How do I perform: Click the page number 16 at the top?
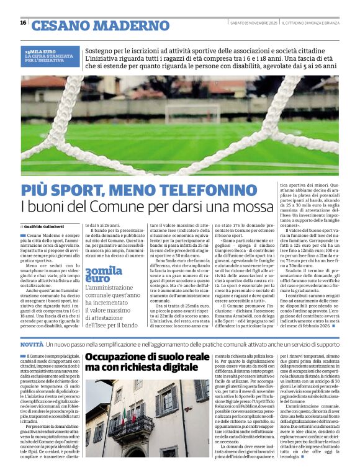[x=23, y=23]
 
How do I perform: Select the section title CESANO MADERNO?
[x=93, y=25]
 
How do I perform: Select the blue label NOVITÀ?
[x=32, y=344]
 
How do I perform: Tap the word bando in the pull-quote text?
[x=130, y=324]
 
